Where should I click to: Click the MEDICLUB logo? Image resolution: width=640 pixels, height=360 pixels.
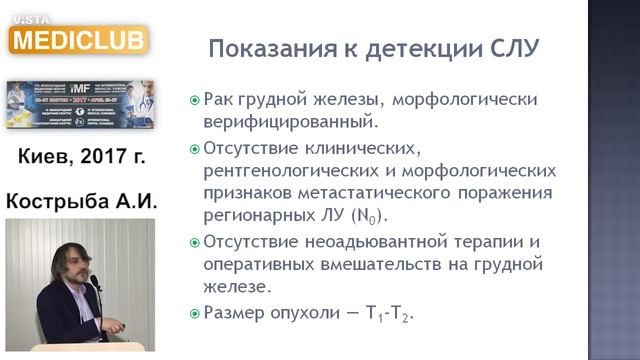77,38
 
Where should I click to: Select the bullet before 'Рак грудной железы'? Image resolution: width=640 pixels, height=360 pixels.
195,101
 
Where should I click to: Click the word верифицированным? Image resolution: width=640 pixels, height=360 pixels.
290,124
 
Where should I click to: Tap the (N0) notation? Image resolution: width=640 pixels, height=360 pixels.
367,216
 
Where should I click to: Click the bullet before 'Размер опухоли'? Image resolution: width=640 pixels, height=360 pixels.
195,313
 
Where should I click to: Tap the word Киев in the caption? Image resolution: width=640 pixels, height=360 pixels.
46,156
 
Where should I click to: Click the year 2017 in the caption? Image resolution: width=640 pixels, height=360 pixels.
104,156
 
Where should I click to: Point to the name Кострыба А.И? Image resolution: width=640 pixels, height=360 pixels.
82,201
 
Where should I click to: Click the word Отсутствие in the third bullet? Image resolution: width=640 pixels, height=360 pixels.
246,242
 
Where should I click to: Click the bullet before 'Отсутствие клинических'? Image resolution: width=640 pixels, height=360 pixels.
195,148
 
